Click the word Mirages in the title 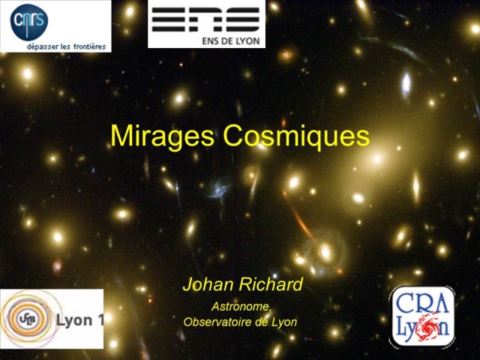154,136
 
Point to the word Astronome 241,306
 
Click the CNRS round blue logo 29,21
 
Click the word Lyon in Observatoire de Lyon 284,322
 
